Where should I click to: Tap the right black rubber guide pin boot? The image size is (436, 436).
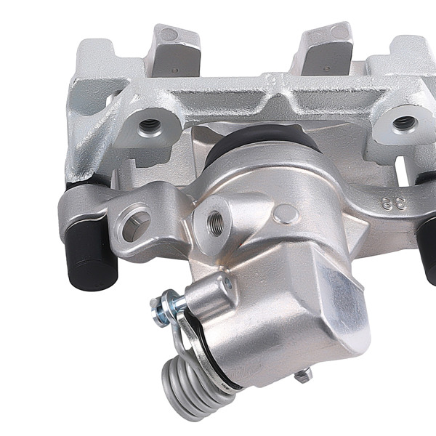[x=429, y=240]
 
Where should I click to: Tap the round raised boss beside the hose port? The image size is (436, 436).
[x=287, y=214]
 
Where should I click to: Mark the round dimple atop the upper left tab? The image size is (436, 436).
[x=169, y=33]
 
